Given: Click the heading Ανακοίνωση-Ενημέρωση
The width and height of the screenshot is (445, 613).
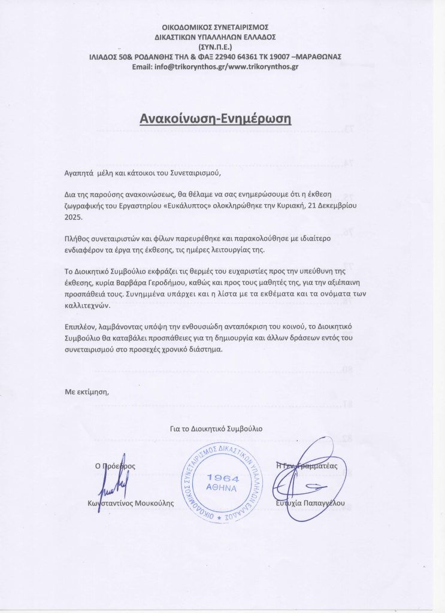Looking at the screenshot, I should click(215, 117).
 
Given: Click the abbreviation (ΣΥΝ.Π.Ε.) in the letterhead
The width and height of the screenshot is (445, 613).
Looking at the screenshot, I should click(216, 47).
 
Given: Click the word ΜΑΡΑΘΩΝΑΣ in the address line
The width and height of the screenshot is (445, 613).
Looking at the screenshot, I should click(318, 56).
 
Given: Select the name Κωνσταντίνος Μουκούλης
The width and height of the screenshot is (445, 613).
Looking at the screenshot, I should click(131, 503).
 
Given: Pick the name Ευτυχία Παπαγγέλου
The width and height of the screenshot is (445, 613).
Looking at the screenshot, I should click(311, 503).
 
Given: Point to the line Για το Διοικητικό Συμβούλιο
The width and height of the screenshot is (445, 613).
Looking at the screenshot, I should click(216, 429).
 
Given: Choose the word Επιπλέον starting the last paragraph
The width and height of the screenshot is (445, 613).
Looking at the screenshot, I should click(80, 328).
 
